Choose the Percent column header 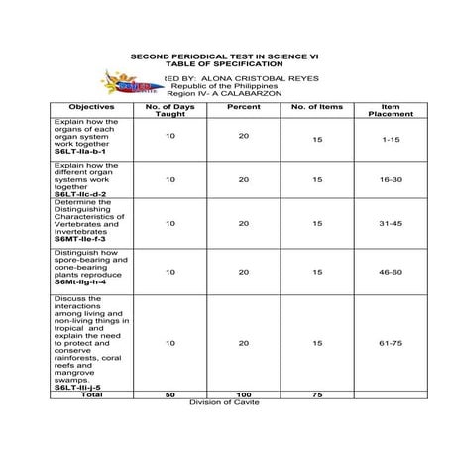[x=243, y=106]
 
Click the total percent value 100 [x=243, y=394]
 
